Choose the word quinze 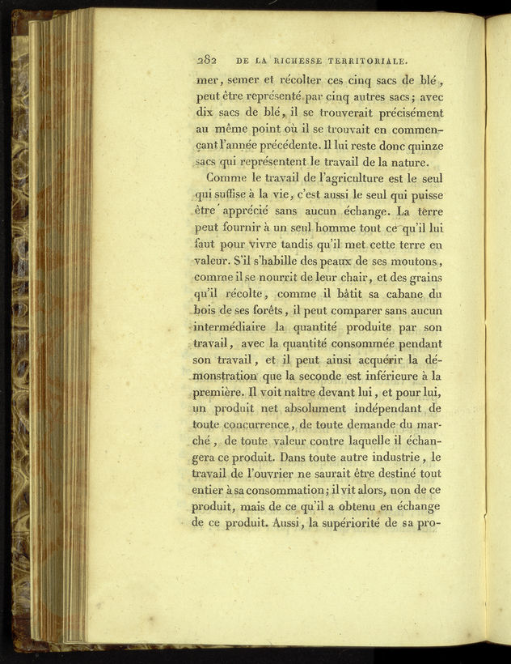(423, 147)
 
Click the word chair (356, 280)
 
